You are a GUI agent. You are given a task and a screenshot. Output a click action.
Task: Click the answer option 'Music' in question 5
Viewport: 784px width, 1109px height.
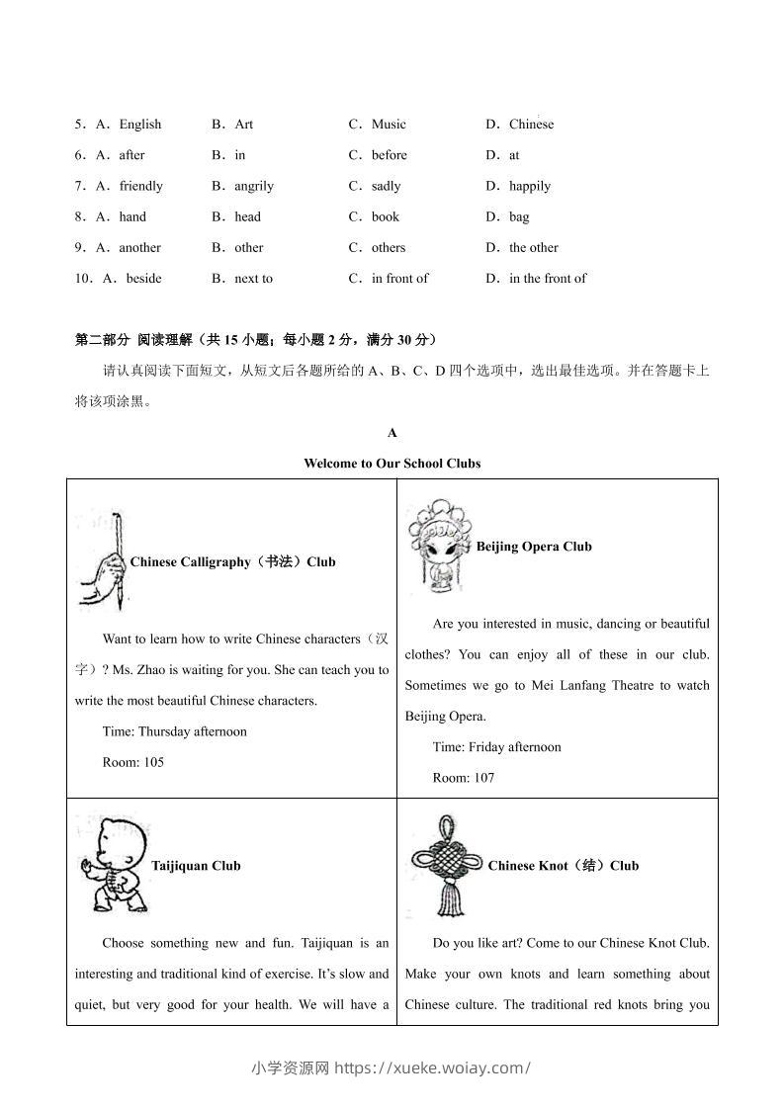[389, 125]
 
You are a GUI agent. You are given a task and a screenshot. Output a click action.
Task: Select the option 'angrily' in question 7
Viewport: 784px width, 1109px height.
[254, 186]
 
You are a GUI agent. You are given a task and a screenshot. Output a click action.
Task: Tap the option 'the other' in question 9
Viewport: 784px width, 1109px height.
[533, 248]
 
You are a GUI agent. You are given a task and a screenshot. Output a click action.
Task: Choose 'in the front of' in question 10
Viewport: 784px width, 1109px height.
[547, 279]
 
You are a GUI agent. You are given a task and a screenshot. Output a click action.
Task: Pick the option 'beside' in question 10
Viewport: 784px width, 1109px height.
[143, 279]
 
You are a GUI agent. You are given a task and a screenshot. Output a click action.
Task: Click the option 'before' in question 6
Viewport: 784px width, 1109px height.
[389, 155]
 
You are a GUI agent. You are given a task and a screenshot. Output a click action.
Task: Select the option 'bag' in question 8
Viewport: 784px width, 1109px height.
[519, 217]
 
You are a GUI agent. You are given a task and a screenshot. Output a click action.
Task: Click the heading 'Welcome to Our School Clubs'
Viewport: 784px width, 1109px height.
[392, 464]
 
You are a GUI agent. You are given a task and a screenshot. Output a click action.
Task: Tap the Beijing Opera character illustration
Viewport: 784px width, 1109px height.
[439, 545]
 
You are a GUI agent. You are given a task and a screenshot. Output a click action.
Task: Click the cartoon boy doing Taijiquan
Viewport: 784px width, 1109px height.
[111, 863]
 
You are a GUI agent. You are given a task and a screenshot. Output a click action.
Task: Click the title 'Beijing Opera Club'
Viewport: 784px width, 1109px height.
[534, 547]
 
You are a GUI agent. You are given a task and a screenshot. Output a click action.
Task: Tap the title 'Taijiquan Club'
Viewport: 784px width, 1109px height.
[196, 866]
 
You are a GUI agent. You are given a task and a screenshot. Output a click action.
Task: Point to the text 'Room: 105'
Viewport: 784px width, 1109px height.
[133, 763]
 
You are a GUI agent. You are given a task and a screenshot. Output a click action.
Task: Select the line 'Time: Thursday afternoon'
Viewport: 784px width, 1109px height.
[175, 732]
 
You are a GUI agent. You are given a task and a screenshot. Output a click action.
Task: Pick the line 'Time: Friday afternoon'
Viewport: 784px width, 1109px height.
[497, 747]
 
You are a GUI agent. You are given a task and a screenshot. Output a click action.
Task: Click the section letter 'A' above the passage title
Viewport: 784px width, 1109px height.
[392, 433]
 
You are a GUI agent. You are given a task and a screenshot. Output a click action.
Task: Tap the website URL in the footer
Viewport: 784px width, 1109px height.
[433, 1067]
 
